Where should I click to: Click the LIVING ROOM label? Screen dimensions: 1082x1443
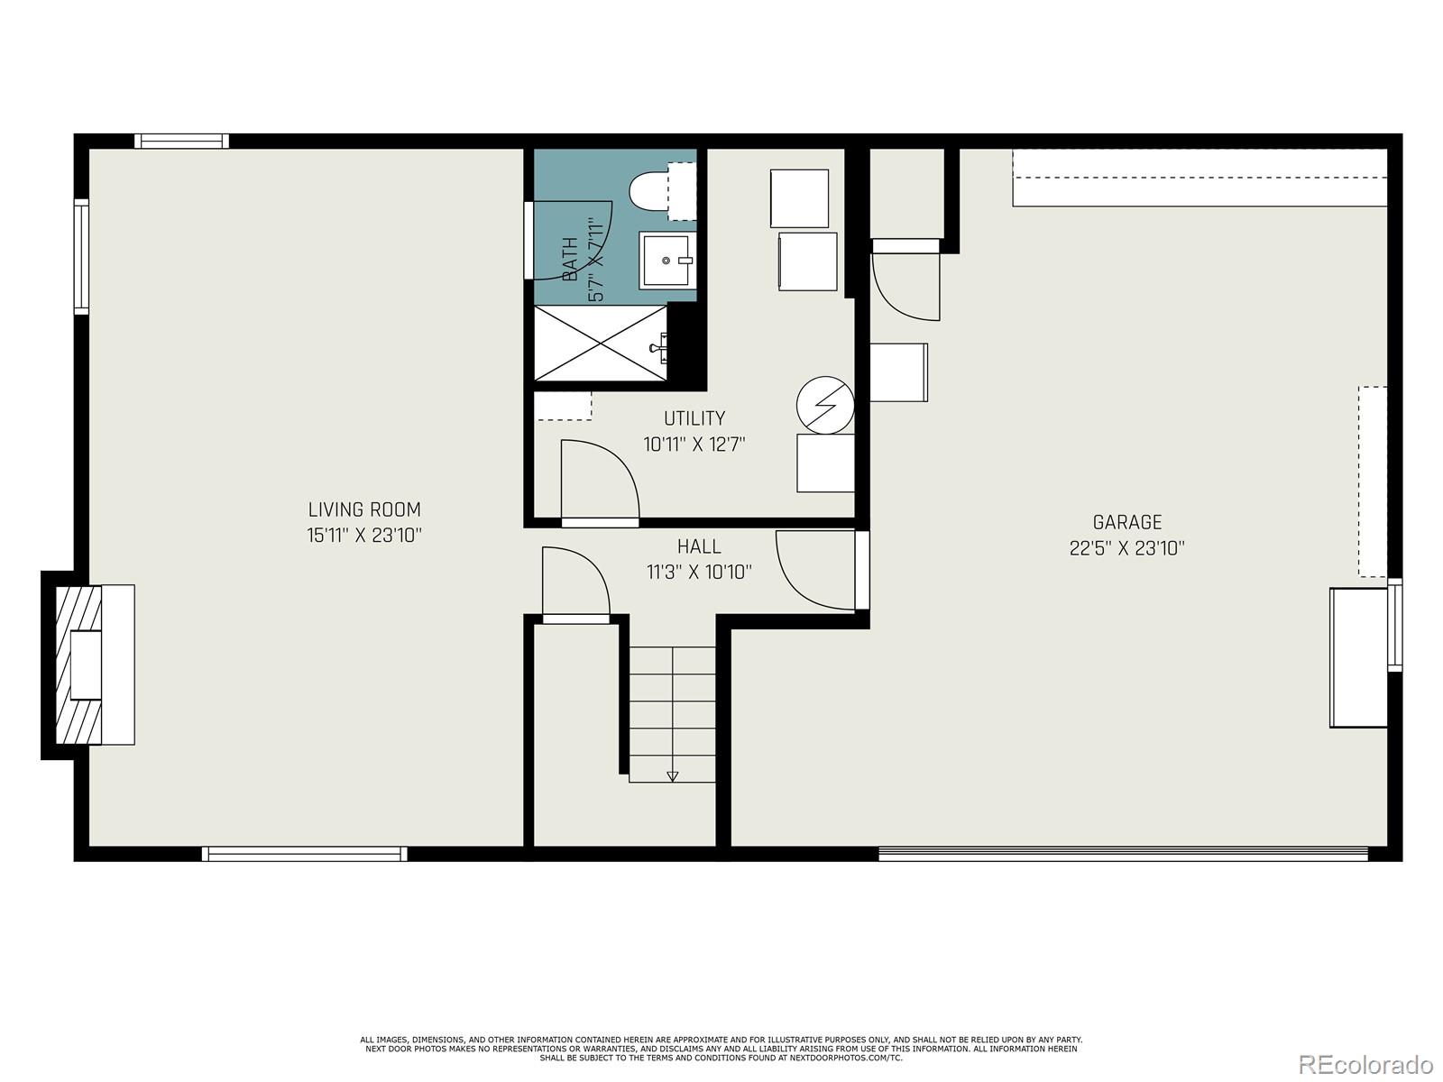tap(364, 509)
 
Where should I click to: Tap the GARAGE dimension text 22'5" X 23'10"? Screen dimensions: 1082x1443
tap(1126, 548)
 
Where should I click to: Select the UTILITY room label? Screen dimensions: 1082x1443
tap(694, 418)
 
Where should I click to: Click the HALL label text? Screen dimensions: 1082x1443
tap(699, 546)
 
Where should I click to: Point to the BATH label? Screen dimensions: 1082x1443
tap(570, 259)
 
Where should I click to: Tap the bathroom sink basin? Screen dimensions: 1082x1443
tap(666, 261)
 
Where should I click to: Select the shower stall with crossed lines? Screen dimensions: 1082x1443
tap(601, 343)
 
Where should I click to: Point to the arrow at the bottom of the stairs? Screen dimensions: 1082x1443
tap(672, 775)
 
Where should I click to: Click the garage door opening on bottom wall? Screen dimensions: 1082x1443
tap(1122, 854)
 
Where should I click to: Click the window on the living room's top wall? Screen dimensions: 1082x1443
tap(181, 141)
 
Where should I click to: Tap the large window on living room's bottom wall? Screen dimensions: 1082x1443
tap(305, 854)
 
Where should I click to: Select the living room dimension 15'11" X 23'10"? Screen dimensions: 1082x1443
tap(364, 535)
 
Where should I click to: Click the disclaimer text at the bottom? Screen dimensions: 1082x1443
tap(721, 1049)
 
